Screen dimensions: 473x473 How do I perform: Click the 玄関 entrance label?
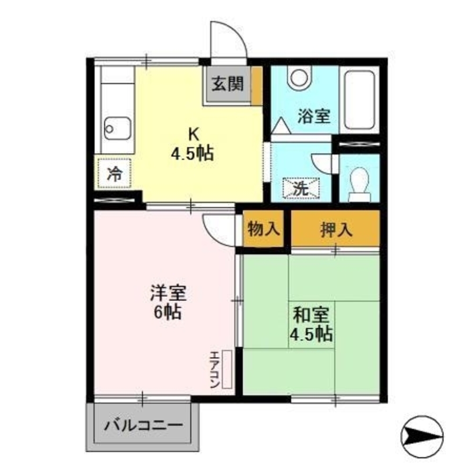(x=227, y=85)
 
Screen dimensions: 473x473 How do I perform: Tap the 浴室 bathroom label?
(x=313, y=116)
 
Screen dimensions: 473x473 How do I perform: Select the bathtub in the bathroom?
(x=359, y=99)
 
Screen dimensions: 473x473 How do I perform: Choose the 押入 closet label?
(x=335, y=229)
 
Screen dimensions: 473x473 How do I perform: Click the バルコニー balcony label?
(x=143, y=424)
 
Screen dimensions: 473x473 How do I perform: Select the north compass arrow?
(x=422, y=432)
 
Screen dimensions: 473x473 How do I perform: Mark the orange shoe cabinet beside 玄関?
(x=256, y=85)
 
